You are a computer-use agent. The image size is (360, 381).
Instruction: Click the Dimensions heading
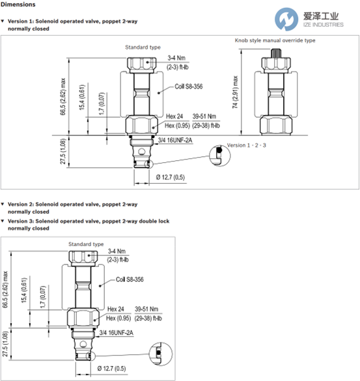pos(18,5)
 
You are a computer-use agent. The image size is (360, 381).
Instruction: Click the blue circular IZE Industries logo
pos(286,19)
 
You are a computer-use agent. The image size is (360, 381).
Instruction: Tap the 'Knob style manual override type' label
pos(275,40)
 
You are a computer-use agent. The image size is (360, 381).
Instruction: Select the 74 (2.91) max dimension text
pos(235,92)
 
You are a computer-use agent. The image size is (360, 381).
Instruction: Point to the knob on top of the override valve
pos(276,53)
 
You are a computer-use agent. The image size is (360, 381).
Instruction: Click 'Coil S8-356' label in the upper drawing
pos(189,87)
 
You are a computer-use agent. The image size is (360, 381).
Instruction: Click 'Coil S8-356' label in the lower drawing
pos(130,279)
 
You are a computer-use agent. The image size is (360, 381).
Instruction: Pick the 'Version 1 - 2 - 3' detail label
pos(246,145)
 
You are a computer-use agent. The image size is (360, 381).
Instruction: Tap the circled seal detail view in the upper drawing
pos(220,156)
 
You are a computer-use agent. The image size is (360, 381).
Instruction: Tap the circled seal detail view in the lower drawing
pos(161,354)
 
